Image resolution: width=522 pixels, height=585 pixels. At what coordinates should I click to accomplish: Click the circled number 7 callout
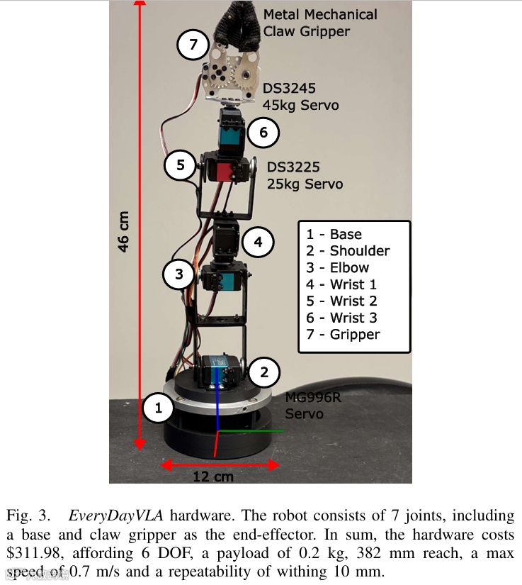coord(193,45)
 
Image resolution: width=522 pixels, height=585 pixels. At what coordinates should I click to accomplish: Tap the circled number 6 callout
coord(263,133)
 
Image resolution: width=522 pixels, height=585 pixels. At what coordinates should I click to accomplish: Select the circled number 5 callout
coord(181,165)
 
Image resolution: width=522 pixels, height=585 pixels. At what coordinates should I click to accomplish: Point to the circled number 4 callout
coord(259,243)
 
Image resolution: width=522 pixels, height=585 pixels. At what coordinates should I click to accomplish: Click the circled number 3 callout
coord(179,274)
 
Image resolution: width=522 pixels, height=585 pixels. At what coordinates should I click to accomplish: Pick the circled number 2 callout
coord(263,372)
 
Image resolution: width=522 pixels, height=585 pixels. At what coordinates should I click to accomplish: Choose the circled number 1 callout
coord(159,408)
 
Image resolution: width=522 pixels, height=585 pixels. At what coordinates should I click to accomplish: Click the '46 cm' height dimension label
coord(123,231)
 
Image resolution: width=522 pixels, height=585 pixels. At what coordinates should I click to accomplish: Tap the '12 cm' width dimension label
coord(212,477)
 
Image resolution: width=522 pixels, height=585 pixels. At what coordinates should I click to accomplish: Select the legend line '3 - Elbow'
coord(338,268)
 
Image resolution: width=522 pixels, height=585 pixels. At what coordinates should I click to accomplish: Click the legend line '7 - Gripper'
coord(344,335)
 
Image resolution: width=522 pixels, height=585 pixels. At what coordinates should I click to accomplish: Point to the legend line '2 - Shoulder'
coord(348,251)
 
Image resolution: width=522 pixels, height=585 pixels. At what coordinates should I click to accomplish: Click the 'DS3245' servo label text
coord(289,89)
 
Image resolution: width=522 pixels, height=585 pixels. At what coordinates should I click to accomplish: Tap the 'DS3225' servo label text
coord(294,167)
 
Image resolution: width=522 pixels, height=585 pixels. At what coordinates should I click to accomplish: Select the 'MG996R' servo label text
coord(313,398)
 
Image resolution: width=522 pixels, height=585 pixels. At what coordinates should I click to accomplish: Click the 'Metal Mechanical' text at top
coord(319,15)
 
